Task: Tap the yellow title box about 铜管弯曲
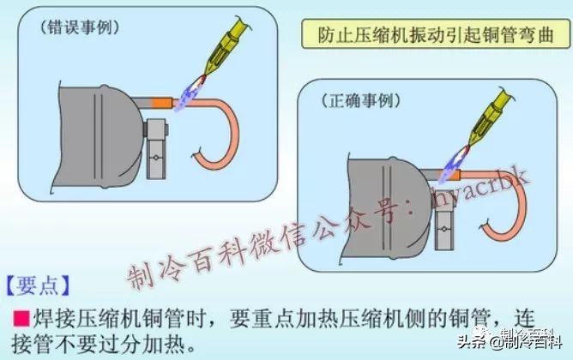(435, 36)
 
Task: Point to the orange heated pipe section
(160, 102)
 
